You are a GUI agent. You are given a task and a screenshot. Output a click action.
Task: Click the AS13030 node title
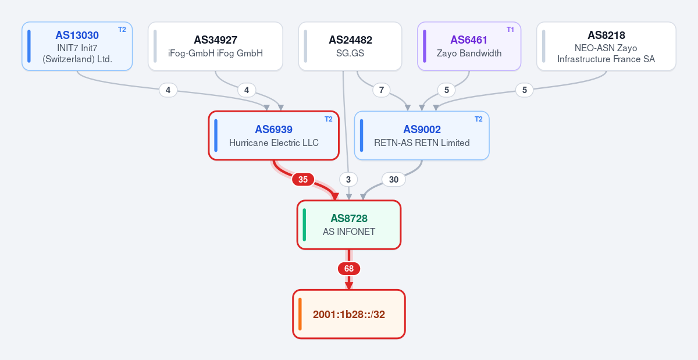pos(77,35)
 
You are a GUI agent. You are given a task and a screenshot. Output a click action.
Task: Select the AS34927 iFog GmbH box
pos(215,46)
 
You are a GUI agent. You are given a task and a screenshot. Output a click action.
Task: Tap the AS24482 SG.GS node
pos(350,46)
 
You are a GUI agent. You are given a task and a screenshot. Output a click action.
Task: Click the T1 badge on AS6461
pos(510,30)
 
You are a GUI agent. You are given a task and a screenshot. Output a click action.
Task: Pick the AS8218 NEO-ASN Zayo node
pos(606,46)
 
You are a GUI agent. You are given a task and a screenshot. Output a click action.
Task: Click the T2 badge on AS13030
pos(122,30)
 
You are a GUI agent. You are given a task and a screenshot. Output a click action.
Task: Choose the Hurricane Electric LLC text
pos(274,142)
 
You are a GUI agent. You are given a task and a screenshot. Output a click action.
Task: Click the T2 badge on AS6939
pos(329,119)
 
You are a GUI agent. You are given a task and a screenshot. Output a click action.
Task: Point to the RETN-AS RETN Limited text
pos(422,142)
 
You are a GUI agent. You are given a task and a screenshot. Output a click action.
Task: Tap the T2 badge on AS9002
pos(478,119)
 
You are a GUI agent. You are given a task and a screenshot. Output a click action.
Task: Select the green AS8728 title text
pos(349,219)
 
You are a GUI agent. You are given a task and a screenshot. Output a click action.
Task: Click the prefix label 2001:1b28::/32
pos(349,315)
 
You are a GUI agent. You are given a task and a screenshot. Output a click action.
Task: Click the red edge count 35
pos(303,180)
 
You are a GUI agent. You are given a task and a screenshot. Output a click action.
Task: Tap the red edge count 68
pos(349,269)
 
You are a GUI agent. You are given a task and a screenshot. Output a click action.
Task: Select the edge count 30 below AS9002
pos(394,180)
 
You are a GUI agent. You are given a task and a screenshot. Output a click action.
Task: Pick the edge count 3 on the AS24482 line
pos(348,180)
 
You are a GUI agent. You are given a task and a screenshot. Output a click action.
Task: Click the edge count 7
pos(382,90)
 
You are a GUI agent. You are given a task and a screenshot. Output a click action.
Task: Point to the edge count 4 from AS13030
pos(168,90)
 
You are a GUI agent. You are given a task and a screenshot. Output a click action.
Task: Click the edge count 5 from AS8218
pos(525,90)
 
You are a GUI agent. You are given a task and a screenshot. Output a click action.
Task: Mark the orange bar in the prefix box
pos(300,314)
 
